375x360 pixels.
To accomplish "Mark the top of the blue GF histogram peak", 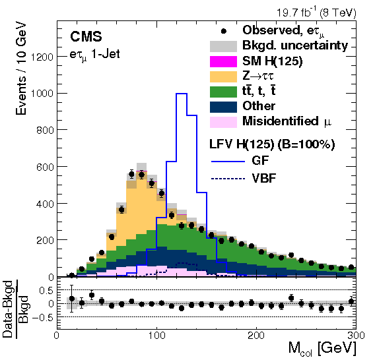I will coord(182,94).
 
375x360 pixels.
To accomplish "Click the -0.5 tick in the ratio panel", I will coord(41,316).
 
